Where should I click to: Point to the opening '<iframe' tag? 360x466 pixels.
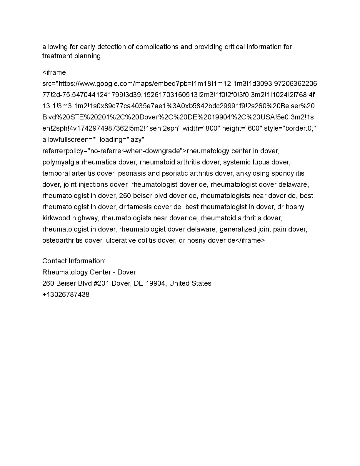54,72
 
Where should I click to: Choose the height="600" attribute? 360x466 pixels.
242,129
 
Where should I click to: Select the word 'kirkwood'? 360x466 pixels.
56,218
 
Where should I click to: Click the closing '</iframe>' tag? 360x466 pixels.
250,240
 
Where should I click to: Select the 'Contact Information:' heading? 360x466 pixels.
74,261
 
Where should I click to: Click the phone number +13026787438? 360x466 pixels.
66,294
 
